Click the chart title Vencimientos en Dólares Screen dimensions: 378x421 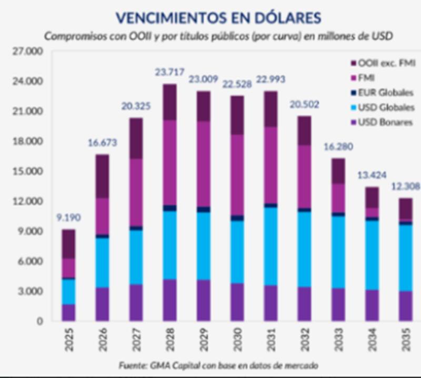coord(218,17)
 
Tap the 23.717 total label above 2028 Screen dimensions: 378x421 coord(169,73)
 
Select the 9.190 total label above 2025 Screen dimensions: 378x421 coord(69,218)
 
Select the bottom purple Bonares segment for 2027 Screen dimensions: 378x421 coord(135,302)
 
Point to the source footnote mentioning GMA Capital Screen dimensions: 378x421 coord(218,364)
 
